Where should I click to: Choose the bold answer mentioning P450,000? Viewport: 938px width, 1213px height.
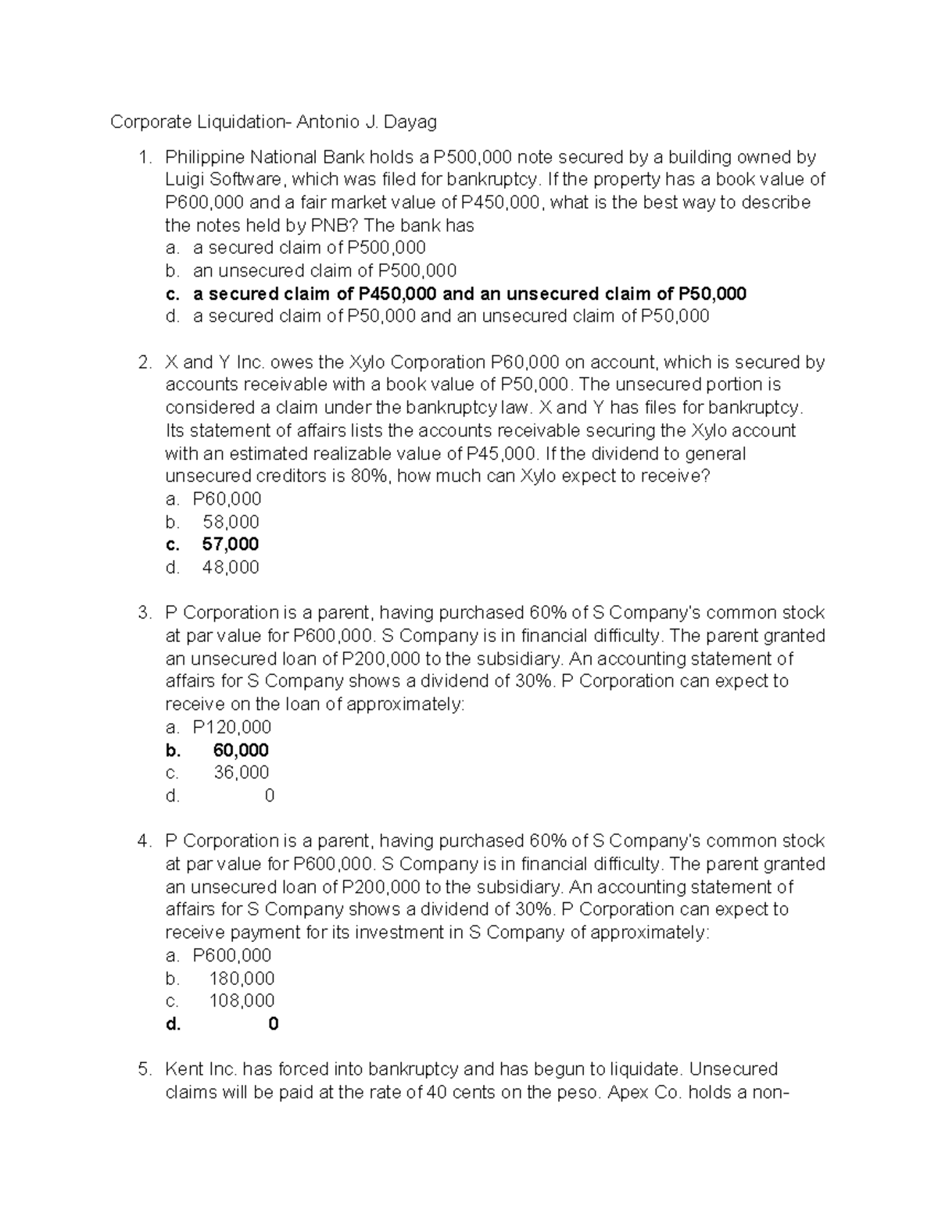coord(469,294)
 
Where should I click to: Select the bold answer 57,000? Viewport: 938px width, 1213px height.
coord(231,544)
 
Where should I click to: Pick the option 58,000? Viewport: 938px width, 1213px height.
coord(231,522)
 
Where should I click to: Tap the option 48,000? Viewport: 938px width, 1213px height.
coord(231,567)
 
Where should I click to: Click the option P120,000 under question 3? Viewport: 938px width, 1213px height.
coord(232,727)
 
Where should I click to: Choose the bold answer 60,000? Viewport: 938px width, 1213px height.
coord(241,751)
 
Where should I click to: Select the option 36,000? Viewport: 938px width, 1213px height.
coord(241,772)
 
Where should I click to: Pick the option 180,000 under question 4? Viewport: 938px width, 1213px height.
coord(242,979)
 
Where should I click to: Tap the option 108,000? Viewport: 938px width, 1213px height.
coord(242,1001)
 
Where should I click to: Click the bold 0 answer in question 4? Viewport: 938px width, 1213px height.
coord(273,1024)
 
